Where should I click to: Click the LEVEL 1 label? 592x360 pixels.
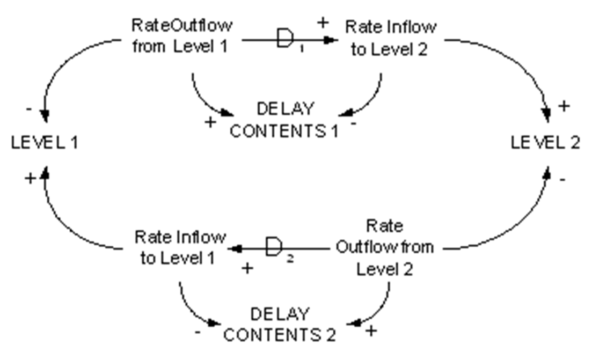(45, 143)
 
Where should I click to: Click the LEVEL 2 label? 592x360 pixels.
(545, 143)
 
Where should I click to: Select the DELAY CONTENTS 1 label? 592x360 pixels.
(284, 120)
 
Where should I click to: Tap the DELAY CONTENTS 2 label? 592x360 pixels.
(280, 325)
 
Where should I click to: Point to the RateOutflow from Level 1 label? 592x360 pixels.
(181, 36)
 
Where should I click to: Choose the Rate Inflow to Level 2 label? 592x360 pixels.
(391, 38)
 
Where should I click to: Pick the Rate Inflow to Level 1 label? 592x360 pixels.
(180, 247)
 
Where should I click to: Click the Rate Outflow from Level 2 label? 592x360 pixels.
(385, 247)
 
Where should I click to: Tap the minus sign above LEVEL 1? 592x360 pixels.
(29, 109)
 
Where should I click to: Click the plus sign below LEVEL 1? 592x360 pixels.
(30, 178)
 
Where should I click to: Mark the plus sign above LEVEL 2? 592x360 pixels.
(564, 106)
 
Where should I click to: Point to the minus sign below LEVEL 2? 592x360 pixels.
(562, 180)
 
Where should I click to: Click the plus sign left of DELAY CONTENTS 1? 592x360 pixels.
(210, 122)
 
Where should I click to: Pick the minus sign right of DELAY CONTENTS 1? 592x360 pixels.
(354, 123)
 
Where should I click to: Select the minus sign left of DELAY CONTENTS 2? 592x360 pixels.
(198, 332)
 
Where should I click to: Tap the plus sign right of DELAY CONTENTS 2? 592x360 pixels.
(371, 331)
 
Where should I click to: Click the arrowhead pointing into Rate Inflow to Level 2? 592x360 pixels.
(331, 40)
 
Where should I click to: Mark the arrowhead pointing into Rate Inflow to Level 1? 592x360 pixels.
(235, 249)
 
